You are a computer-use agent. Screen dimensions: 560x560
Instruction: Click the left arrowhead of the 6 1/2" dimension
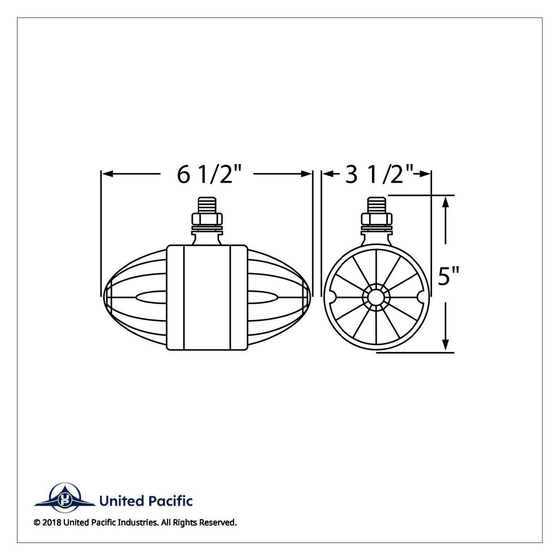(x=107, y=174)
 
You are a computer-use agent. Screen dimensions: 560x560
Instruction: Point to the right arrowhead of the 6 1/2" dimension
(x=306, y=174)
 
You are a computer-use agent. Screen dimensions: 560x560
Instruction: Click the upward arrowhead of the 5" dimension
(x=446, y=202)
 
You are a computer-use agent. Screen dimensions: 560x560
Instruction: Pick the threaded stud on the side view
(x=207, y=205)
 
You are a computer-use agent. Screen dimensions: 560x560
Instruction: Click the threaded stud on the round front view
(x=376, y=205)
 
